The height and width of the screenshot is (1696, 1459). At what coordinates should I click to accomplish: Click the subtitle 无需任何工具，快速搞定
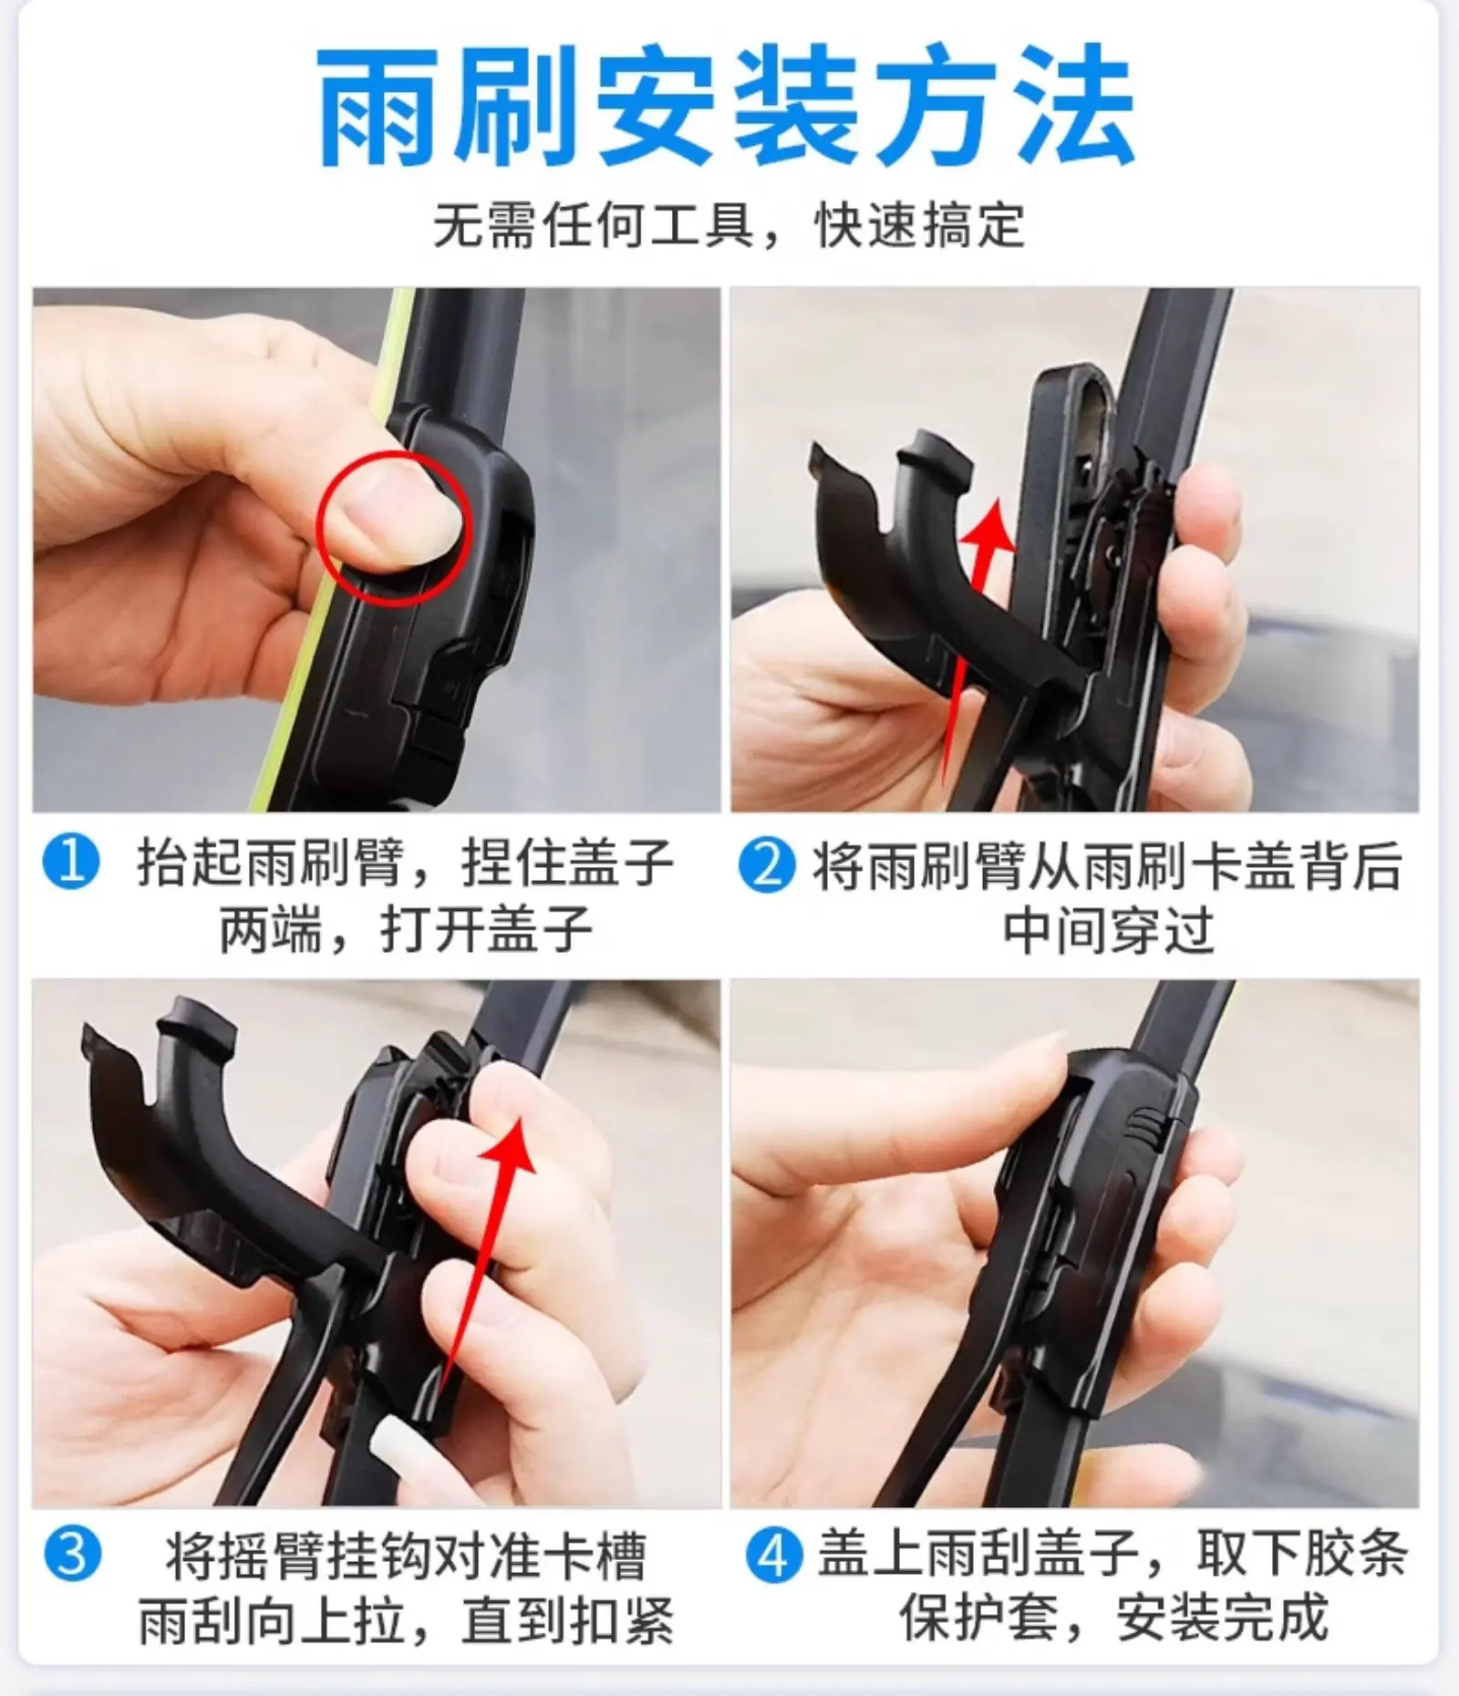click(729, 225)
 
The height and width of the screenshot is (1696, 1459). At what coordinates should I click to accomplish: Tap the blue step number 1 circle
click(71, 863)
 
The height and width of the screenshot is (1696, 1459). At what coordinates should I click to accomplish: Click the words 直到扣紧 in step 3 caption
click(567, 1620)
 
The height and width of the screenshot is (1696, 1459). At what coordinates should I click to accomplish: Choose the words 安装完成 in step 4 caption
click(1222, 1619)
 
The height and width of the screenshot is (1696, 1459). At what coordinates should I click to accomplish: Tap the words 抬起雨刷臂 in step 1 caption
click(270, 863)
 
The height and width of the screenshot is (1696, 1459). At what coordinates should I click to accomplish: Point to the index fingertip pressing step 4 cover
click(1049, 1049)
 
